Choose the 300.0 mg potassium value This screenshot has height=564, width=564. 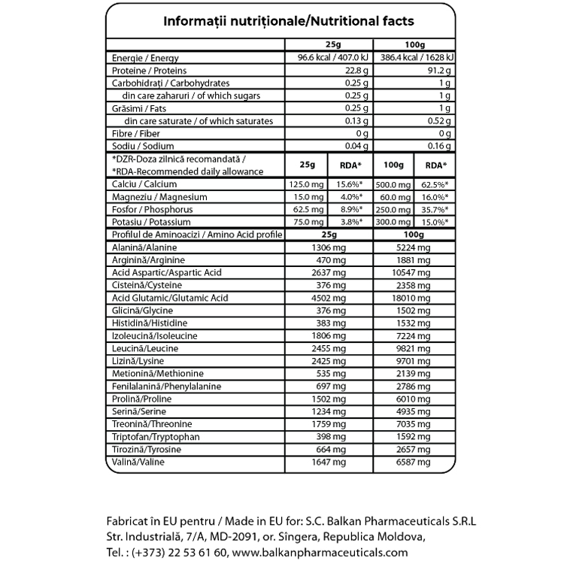[392, 223]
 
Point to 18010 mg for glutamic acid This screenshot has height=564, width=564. [413, 299]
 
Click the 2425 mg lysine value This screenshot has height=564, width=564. [332, 362]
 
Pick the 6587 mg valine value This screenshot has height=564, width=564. [413, 462]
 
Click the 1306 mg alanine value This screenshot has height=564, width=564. [332, 247]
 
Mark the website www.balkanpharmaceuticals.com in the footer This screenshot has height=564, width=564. [314, 552]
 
